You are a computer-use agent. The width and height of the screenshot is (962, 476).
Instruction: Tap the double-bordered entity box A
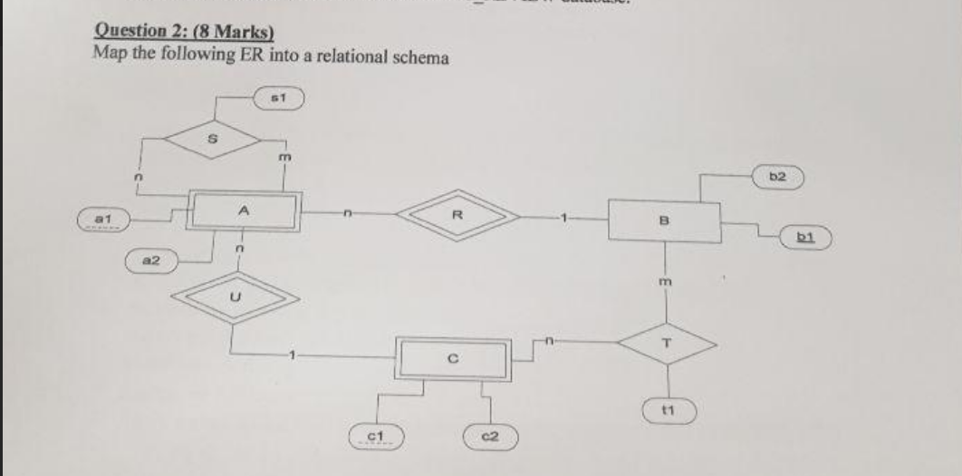coord(242,210)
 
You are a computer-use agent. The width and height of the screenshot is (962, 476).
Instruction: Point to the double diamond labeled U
coord(236,295)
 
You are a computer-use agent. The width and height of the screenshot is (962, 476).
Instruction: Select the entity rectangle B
coord(664,219)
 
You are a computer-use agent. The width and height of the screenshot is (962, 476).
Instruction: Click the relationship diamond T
coord(667,342)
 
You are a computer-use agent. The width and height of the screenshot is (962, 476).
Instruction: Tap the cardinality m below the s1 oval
coord(284,160)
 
